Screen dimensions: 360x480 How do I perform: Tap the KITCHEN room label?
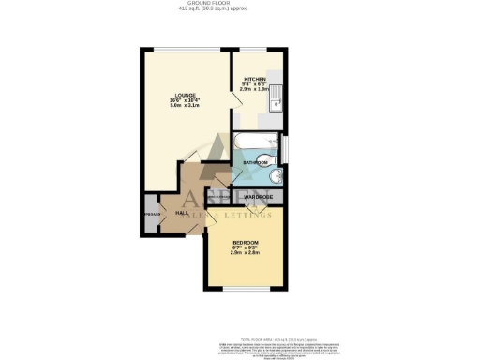(256, 79)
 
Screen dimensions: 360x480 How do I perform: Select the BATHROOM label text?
(255, 162)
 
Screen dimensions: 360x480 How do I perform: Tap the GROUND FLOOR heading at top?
(239, 4)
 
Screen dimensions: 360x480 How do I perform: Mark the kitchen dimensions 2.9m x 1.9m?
(256, 92)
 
